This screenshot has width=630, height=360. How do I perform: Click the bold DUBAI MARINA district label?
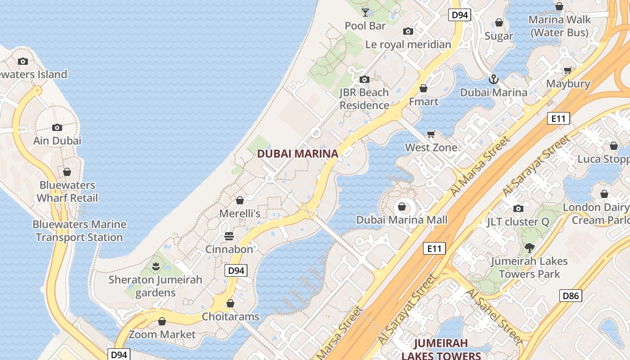(x=297, y=153)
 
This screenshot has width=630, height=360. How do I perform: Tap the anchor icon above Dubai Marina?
(x=494, y=80)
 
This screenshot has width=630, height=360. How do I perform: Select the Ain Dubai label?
(x=57, y=140)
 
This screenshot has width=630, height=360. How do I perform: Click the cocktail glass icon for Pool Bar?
(x=365, y=12)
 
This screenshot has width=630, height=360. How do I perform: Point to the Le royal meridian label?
(x=408, y=44)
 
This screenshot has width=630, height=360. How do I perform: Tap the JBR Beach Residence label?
(x=364, y=99)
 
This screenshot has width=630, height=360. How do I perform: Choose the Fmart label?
(x=423, y=101)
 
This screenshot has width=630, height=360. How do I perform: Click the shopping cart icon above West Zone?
(x=431, y=134)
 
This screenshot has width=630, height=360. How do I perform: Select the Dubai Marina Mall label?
(x=402, y=220)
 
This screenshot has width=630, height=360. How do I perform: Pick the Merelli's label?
(x=240, y=213)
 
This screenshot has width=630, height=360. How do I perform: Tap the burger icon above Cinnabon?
(x=229, y=236)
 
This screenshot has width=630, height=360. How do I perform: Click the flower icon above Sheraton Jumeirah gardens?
(x=156, y=266)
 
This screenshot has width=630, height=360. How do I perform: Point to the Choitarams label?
(x=230, y=316)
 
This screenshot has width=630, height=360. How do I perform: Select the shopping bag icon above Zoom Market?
(x=162, y=321)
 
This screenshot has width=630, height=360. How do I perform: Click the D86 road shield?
(x=571, y=296)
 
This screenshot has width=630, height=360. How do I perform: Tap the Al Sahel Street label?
(x=494, y=316)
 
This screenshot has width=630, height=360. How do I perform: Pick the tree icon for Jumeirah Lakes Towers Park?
(x=529, y=247)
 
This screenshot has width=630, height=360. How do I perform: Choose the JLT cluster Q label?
(x=518, y=222)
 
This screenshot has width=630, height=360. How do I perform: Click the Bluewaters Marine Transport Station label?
(x=79, y=230)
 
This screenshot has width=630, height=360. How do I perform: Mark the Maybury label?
(x=568, y=84)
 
